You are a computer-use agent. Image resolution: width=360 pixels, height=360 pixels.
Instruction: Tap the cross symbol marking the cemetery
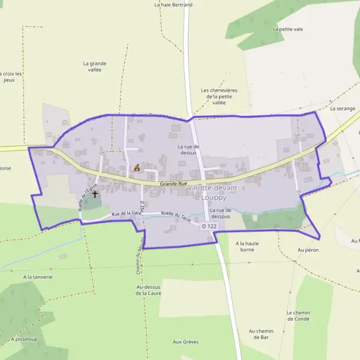tap(95, 194)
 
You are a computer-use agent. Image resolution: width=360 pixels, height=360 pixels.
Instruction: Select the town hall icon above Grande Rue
tap(137, 168)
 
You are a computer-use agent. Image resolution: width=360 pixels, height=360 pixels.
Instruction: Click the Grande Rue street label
tap(174, 184)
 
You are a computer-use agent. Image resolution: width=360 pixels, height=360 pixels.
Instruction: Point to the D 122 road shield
tap(209, 226)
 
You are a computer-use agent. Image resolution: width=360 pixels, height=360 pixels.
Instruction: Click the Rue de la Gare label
tap(126, 214)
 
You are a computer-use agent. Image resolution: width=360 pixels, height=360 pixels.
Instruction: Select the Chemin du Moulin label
tap(138, 254)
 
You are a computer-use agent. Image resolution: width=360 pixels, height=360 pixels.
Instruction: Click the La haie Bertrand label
tap(173, 5)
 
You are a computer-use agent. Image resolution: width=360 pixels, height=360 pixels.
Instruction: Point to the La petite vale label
tap(287, 29)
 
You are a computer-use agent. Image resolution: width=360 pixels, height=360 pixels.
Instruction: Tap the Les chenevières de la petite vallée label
tap(219, 96)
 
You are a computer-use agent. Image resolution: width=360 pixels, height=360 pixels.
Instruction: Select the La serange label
tap(343, 109)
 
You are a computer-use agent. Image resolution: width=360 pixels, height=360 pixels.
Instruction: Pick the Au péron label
tap(308, 250)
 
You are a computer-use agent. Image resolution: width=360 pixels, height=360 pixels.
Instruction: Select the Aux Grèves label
tap(185, 342)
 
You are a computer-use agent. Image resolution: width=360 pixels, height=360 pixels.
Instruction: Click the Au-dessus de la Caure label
tap(149, 290)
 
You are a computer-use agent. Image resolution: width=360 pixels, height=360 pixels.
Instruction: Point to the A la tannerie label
tap(38, 277)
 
